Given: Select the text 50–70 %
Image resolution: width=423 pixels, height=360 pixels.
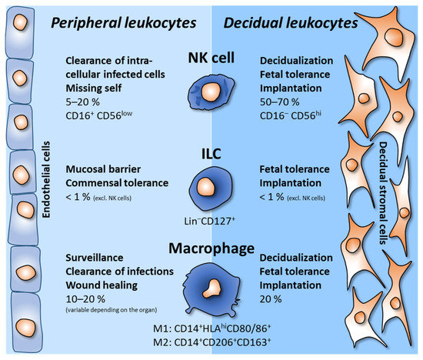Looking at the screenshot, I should [281, 103].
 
